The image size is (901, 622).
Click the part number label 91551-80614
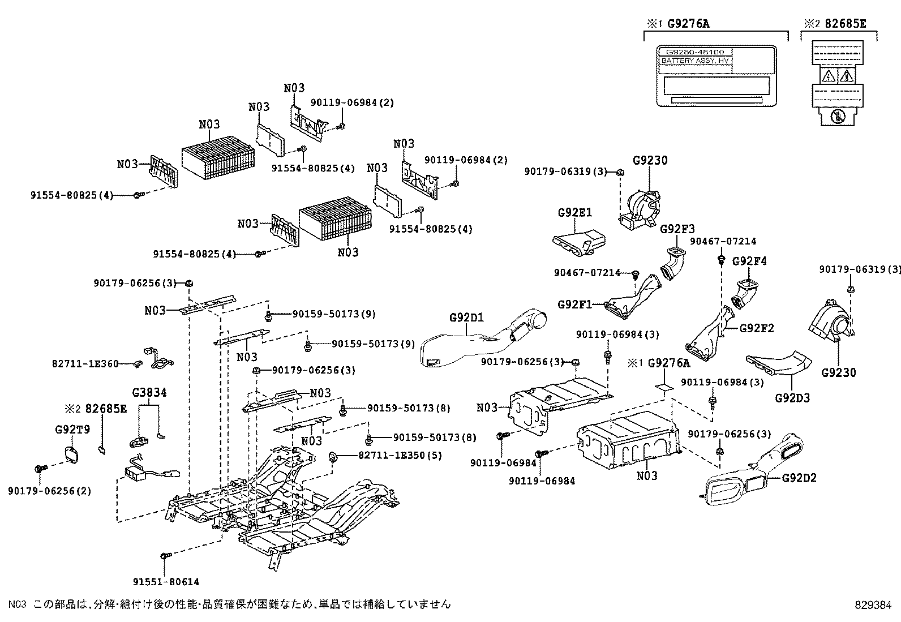click(166, 581)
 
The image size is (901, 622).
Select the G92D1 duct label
click(466, 317)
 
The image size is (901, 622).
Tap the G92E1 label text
click(574, 213)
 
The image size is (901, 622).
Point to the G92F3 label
click(677, 229)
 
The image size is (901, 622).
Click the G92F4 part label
click(749, 261)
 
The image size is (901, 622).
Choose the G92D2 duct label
click(799, 478)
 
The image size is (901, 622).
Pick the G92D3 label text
click(792, 398)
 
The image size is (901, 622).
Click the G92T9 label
click(72, 430)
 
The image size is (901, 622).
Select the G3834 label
click(149, 392)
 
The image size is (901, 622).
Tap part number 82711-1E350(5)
click(400, 455)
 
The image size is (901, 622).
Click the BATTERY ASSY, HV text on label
click(695, 60)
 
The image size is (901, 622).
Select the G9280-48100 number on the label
click(695, 52)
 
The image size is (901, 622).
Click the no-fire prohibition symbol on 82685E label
click(837, 118)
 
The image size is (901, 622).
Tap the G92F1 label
click(574, 304)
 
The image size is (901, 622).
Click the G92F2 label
click(757, 328)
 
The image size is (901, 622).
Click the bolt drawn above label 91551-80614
click(165, 557)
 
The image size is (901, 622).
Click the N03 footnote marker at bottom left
click(18, 604)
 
